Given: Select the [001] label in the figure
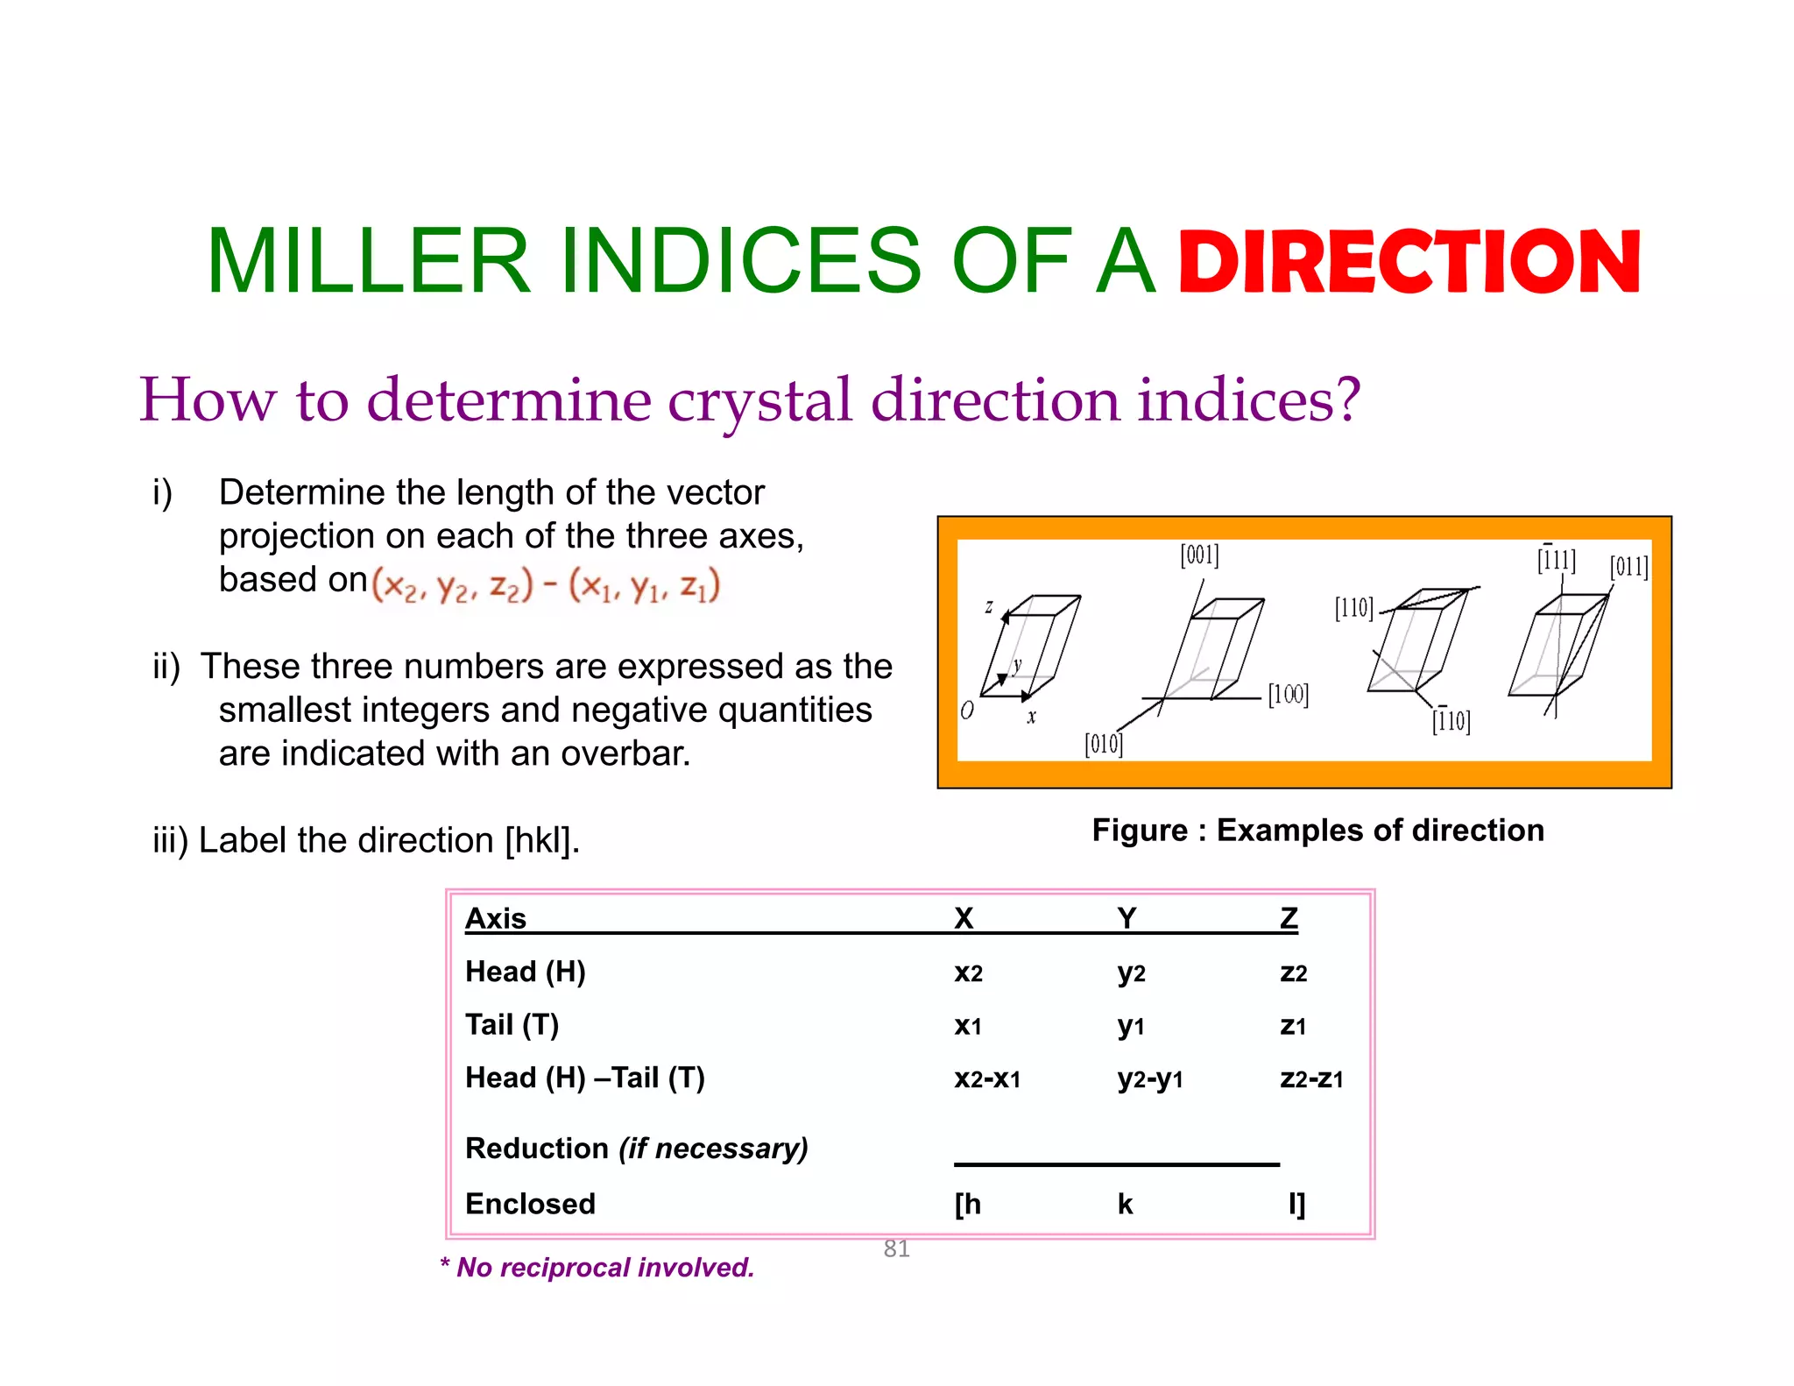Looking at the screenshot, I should pos(1199,555).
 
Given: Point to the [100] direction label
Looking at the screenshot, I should pos(1288,695).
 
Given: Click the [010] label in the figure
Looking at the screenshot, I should pos(1104,744).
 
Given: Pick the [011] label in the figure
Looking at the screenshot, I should pos(1628,567).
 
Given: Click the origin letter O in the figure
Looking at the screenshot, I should pos(967,710).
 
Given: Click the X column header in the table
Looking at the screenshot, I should pos(964,918).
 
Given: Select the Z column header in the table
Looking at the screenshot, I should pos(1289,918).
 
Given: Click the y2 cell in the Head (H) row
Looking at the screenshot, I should pos(1131,972).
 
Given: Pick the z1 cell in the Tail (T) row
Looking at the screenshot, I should pos(1293,1025).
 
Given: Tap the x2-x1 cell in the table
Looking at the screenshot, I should pos(987,1078).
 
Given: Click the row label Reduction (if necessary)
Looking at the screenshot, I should pos(637,1149).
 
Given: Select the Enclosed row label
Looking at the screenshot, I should pos(530,1204).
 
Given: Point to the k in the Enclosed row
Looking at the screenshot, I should pos(1126,1205).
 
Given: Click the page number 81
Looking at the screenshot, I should pos(896,1248).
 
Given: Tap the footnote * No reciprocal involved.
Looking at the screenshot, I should pos(597,1268).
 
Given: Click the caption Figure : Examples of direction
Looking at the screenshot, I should pos(1317,830).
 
